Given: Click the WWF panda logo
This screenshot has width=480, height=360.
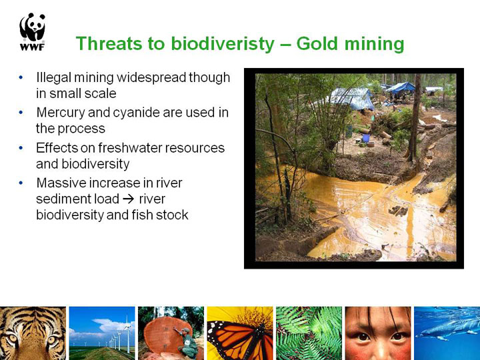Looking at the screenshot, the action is click(x=33, y=31).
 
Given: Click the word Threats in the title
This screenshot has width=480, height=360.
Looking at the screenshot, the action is click(x=109, y=43).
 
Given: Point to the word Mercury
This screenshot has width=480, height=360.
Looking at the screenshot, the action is click(x=60, y=113).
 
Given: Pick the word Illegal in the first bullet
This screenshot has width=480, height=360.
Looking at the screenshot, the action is click(x=53, y=77).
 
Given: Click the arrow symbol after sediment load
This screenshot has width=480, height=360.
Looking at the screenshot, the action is click(x=128, y=199).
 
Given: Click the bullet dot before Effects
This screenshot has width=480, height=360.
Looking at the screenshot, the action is click(x=21, y=148).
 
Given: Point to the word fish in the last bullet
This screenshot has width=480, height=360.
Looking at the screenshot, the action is click(x=143, y=215).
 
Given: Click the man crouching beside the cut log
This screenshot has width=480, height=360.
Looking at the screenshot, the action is click(x=187, y=343).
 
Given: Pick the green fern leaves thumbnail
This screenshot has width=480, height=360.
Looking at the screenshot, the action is click(x=309, y=333).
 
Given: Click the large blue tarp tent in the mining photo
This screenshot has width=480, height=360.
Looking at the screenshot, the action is click(x=352, y=98).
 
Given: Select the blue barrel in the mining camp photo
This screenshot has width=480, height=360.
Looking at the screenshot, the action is click(x=366, y=138).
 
